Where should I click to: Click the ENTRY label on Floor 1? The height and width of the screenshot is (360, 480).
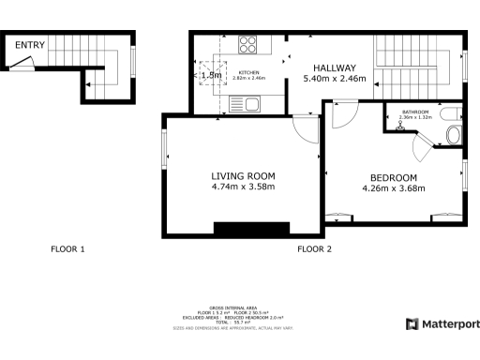pos(30,44)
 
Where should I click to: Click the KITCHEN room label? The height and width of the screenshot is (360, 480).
pos(248,73)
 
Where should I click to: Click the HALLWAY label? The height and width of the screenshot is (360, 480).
pos(335,67)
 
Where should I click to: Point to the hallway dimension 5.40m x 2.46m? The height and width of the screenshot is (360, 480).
pos(335,80)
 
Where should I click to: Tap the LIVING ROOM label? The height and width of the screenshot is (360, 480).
pos(243,175)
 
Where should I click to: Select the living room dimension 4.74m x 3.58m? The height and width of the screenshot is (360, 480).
pos(243,187)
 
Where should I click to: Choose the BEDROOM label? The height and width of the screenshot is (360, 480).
pos(394,177)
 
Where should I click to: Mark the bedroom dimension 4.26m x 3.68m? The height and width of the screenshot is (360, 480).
pos(394,188)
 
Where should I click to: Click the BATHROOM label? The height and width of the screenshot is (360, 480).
pos(414,112)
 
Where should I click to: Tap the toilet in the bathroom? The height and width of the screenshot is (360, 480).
pos(454,134)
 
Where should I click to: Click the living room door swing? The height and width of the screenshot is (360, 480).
pos(303,130)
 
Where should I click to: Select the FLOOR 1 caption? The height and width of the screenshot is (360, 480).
pos(67,249)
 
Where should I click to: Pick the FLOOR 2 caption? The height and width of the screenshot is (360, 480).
pos(314,249)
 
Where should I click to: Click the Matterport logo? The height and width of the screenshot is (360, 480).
pos(442,324)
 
